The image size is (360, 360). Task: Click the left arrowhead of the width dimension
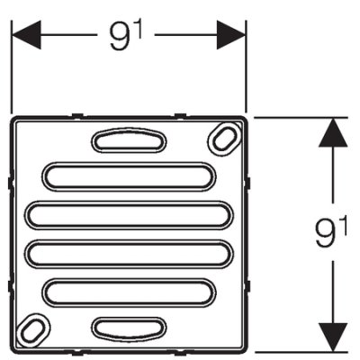pyautogui.click(x=26, y=35)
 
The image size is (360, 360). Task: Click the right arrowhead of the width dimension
pyautogui.click(x=231, y=35)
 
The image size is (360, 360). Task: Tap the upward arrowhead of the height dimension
pyautogui.click(x=333, y=132)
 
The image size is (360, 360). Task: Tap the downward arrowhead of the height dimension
pyautogui.click(x=333, y=337)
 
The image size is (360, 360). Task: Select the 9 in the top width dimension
pyautogui.click(x=120, y=37)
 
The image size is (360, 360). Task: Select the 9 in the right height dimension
pyautogui.click(x=327, y=232)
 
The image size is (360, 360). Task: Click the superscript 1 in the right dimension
pyautogui.click(x=344, y=226)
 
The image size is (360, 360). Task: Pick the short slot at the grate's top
pyautogui.click(x=129, y=140)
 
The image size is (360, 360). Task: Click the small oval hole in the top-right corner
pyautogui.click(x=225, y=139)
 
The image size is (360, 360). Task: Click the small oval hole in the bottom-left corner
pyautogui.click(x=33, y=330)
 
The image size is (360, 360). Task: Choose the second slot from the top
pyautogui.click(x=129, y=176)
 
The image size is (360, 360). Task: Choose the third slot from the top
pyautogui.click(x=129, y=216)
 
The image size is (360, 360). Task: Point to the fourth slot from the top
pyautogui.click(x=129, y=254)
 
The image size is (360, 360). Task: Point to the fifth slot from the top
pyautogui.click(x=129, y=293)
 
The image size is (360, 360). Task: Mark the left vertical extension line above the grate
pyautogui.click(x=12, y=67)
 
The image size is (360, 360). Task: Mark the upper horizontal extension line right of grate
pyautogui.click(x=301, y=117)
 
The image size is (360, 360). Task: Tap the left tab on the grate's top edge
pyautogui.click(x=77, y=115)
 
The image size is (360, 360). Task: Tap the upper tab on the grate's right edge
pyautogui.click(x=248, y=184)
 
